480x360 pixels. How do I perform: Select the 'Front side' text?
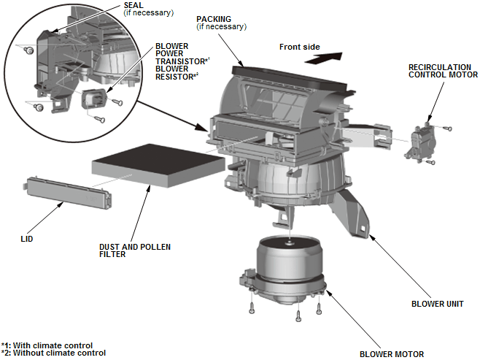(x=299, y=47)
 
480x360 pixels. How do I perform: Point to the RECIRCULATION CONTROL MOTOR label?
(x=443, y=70)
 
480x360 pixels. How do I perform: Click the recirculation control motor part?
(x=421, y=139)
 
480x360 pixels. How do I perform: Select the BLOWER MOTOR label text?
(x=391, y=354)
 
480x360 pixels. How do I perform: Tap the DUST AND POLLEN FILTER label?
(x=135, y=250)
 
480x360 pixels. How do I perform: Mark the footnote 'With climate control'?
(x=51, y=345)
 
